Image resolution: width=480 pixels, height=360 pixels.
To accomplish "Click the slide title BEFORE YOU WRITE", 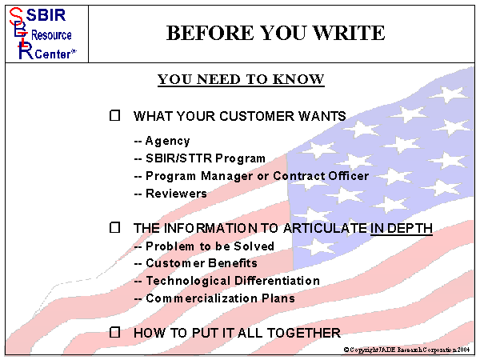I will (275, 33).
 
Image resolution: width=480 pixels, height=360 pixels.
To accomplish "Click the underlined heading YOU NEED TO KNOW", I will (241, 79).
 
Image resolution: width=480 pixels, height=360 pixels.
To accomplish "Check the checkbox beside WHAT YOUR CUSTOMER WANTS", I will (115, 115).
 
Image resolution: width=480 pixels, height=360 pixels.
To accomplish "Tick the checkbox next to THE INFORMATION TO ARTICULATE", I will (115, 228).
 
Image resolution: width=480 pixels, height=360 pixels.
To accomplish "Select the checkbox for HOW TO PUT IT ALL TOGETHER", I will (115, 331).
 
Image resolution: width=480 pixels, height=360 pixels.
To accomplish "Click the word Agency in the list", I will (167, 141).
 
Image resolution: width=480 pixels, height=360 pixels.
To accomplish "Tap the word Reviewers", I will (176, 193).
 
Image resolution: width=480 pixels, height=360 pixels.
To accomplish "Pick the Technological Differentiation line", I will (232, 281).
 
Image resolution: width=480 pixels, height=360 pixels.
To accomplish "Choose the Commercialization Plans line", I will (220, 298).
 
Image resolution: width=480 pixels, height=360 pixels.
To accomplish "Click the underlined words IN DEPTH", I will (402, 229).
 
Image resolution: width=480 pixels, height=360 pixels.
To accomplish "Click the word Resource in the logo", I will (51, 36).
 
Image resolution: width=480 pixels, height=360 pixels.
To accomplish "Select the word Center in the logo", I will (51, 54).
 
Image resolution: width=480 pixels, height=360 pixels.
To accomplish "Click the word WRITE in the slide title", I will (347, 33).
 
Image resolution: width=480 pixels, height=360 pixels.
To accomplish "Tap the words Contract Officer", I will (321, 176).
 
